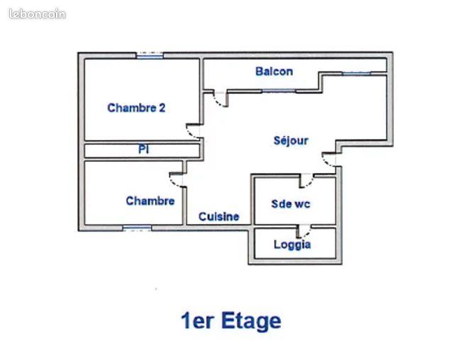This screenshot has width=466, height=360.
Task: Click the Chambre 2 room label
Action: click(x=136, y=108)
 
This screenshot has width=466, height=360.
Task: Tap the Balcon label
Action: click(x=274, y=72)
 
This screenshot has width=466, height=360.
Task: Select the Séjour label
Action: click(x=291, y=140)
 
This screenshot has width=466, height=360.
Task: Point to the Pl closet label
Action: click(x=143, y=149)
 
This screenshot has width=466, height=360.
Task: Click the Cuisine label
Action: click(x=218, y=217)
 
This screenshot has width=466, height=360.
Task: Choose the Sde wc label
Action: click(x=291, y=204)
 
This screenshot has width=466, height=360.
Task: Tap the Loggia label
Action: click(x=292, y=244)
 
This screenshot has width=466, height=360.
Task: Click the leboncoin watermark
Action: click(x=37, y=14)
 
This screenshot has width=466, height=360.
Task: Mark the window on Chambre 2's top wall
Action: click(x=150, y=55)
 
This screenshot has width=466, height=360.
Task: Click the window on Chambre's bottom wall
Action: click(x=137, y=228)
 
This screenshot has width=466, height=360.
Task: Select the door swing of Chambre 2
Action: click(x=193, y=131)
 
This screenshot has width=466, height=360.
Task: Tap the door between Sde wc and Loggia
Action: click(x=304, y=231)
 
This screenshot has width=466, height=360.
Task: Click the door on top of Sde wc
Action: click(x=306, y=181)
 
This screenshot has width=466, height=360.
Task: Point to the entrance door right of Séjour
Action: click(x=329, y=159)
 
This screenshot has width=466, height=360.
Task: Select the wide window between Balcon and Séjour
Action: click(x=279, y=91)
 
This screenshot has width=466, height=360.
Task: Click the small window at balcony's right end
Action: click(x=356, y=74)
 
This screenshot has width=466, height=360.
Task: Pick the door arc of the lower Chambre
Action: click(x=177, y=180)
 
